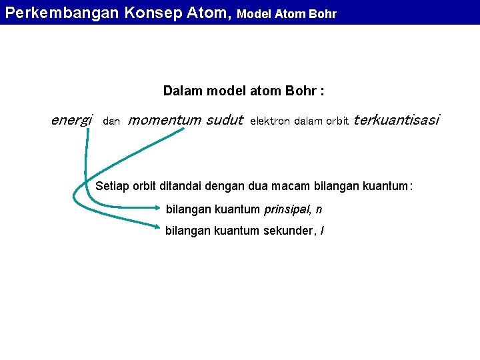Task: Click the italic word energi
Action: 71,121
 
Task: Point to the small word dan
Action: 111,122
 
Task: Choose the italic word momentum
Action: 164,121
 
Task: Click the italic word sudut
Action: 225,121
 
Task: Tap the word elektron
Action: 270,122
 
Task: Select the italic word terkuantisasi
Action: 396,121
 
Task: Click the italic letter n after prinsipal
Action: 319,210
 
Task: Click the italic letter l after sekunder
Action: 323,231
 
